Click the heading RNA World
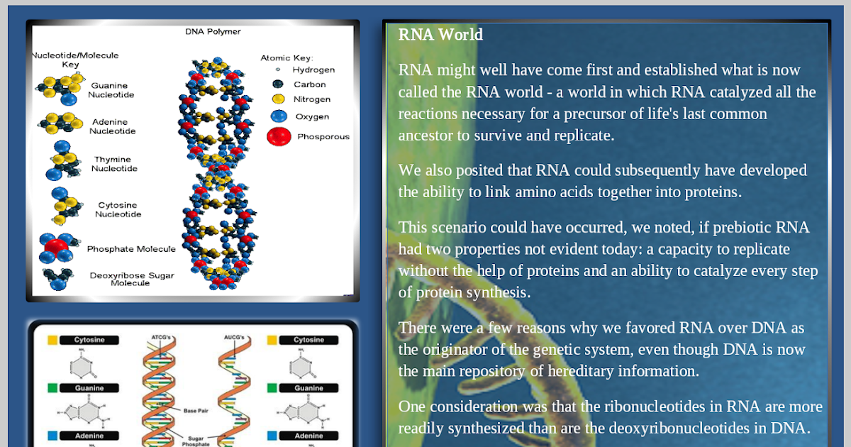pos(440,35)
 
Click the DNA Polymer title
pos(213,31)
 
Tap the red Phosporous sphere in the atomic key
pos(279,136)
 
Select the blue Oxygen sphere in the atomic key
pos(279,116)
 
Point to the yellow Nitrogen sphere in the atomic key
pos(278,99)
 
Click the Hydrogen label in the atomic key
pos(313,70)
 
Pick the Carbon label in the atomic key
pos(310,84)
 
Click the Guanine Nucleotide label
pos(111,90)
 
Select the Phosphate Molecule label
pos(131,249)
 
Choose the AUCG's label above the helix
pos(234,337)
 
